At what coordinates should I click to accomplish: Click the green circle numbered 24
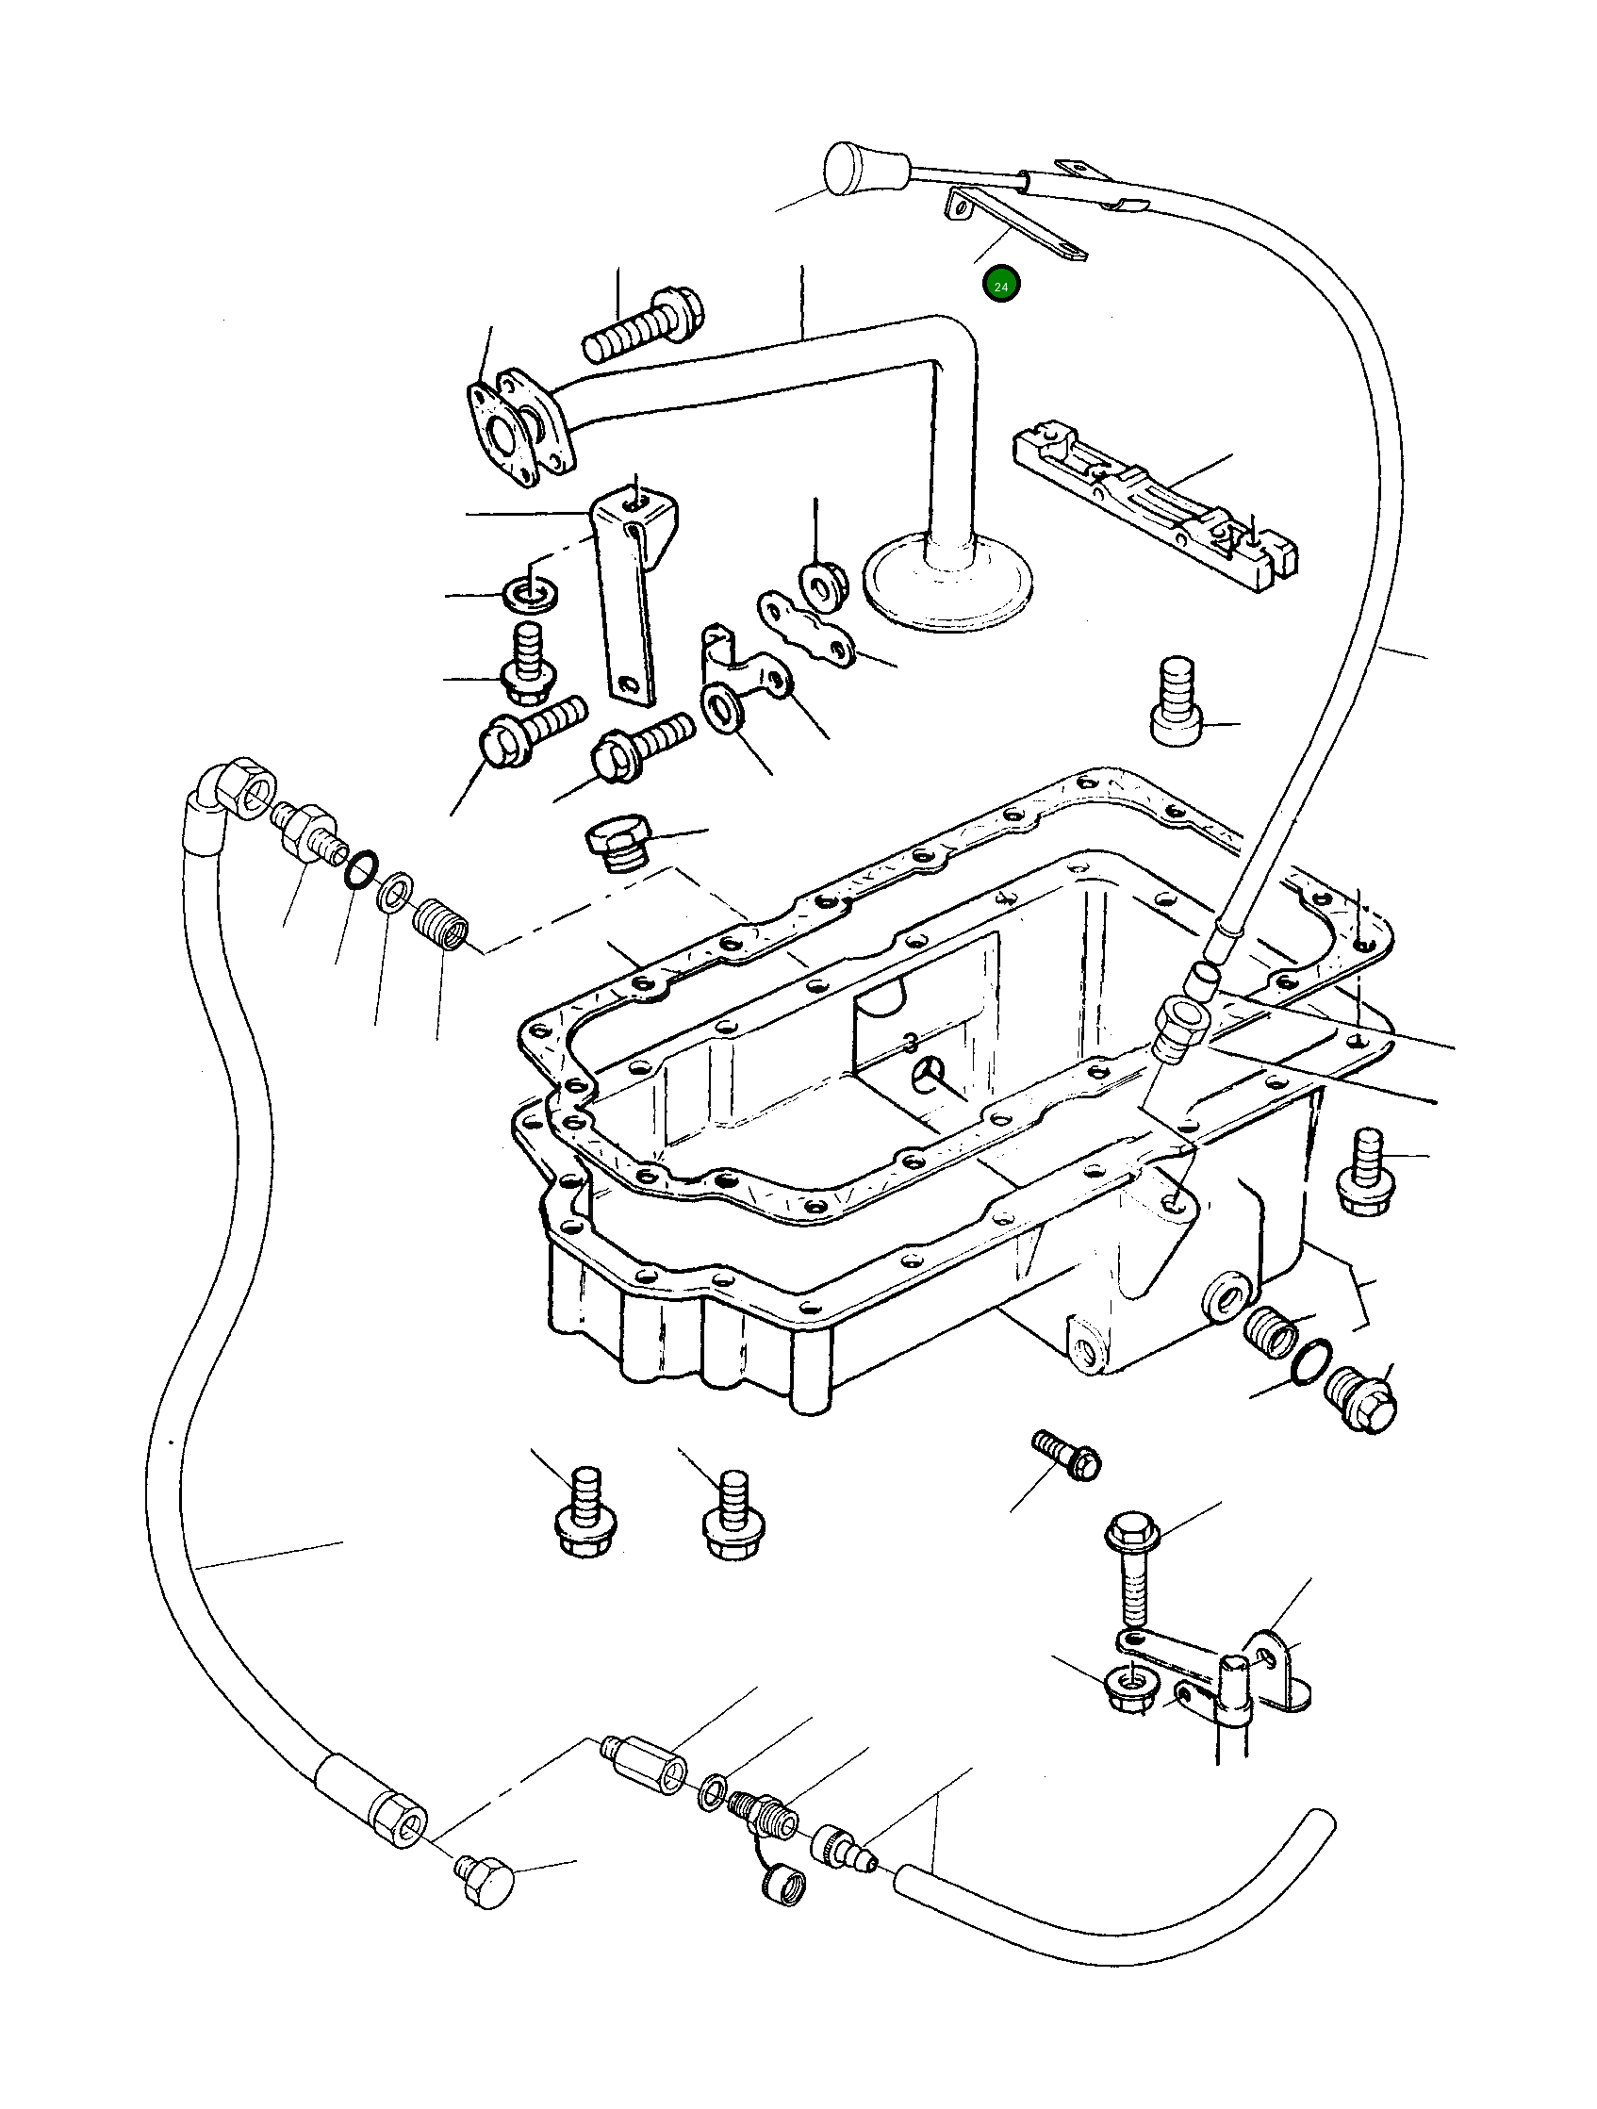[x=1001, y=285]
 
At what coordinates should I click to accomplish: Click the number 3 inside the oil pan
[x=912, y=1042]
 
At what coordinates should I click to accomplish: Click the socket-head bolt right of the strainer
[x=1178, y=700]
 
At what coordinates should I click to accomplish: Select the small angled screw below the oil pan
[x=1069, y=1473]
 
